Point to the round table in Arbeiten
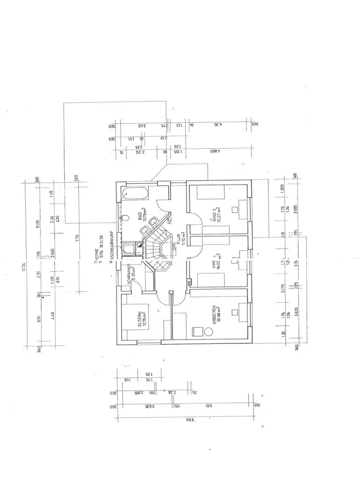(209, 332)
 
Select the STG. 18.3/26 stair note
(101, 241)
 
